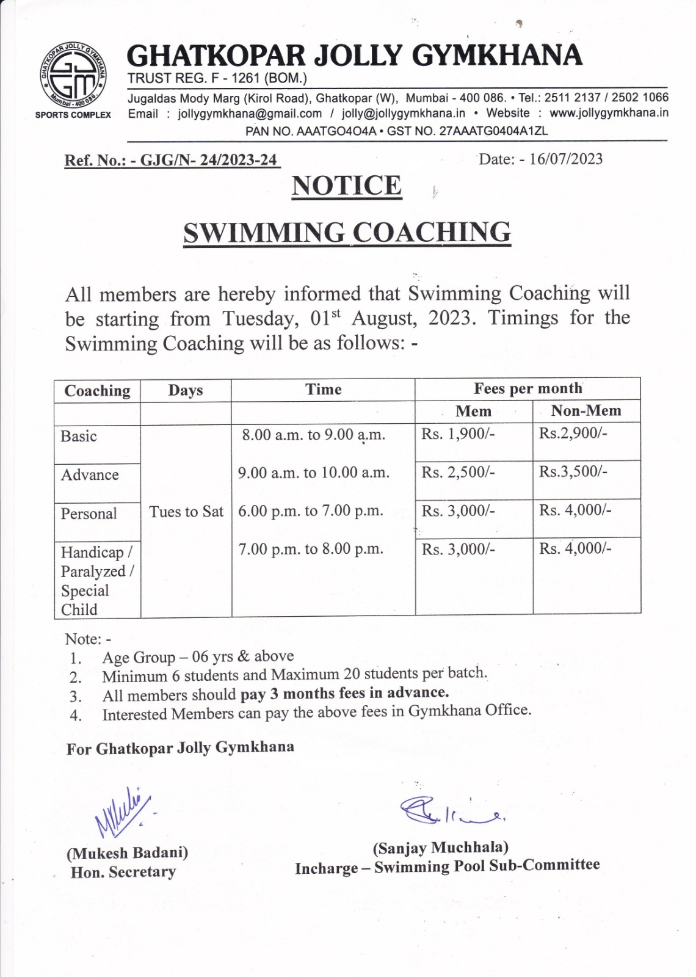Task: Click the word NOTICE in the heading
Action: click(x=347, y=186)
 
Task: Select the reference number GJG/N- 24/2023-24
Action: click(x=208, y=161)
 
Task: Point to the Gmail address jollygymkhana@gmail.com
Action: click(x=250, y=114)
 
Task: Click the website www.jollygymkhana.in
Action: click(x=609, y=113)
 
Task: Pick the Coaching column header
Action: click(x=98, y=391)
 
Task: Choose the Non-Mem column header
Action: click(x=585, y=411)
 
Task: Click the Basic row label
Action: click(x=79, y=437)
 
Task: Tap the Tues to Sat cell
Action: click(x=186, y=512)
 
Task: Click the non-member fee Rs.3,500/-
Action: click(x=573, y=471)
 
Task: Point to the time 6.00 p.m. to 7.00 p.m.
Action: click(x=310, y=511)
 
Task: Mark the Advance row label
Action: click(x=90, y=475)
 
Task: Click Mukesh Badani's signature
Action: click(x=122, y=812)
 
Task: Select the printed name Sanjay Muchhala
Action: click(x=440, y=848)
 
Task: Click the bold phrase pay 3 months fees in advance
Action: click(x=344, y=693)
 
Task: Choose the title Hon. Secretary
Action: click(x=123, y=872)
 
